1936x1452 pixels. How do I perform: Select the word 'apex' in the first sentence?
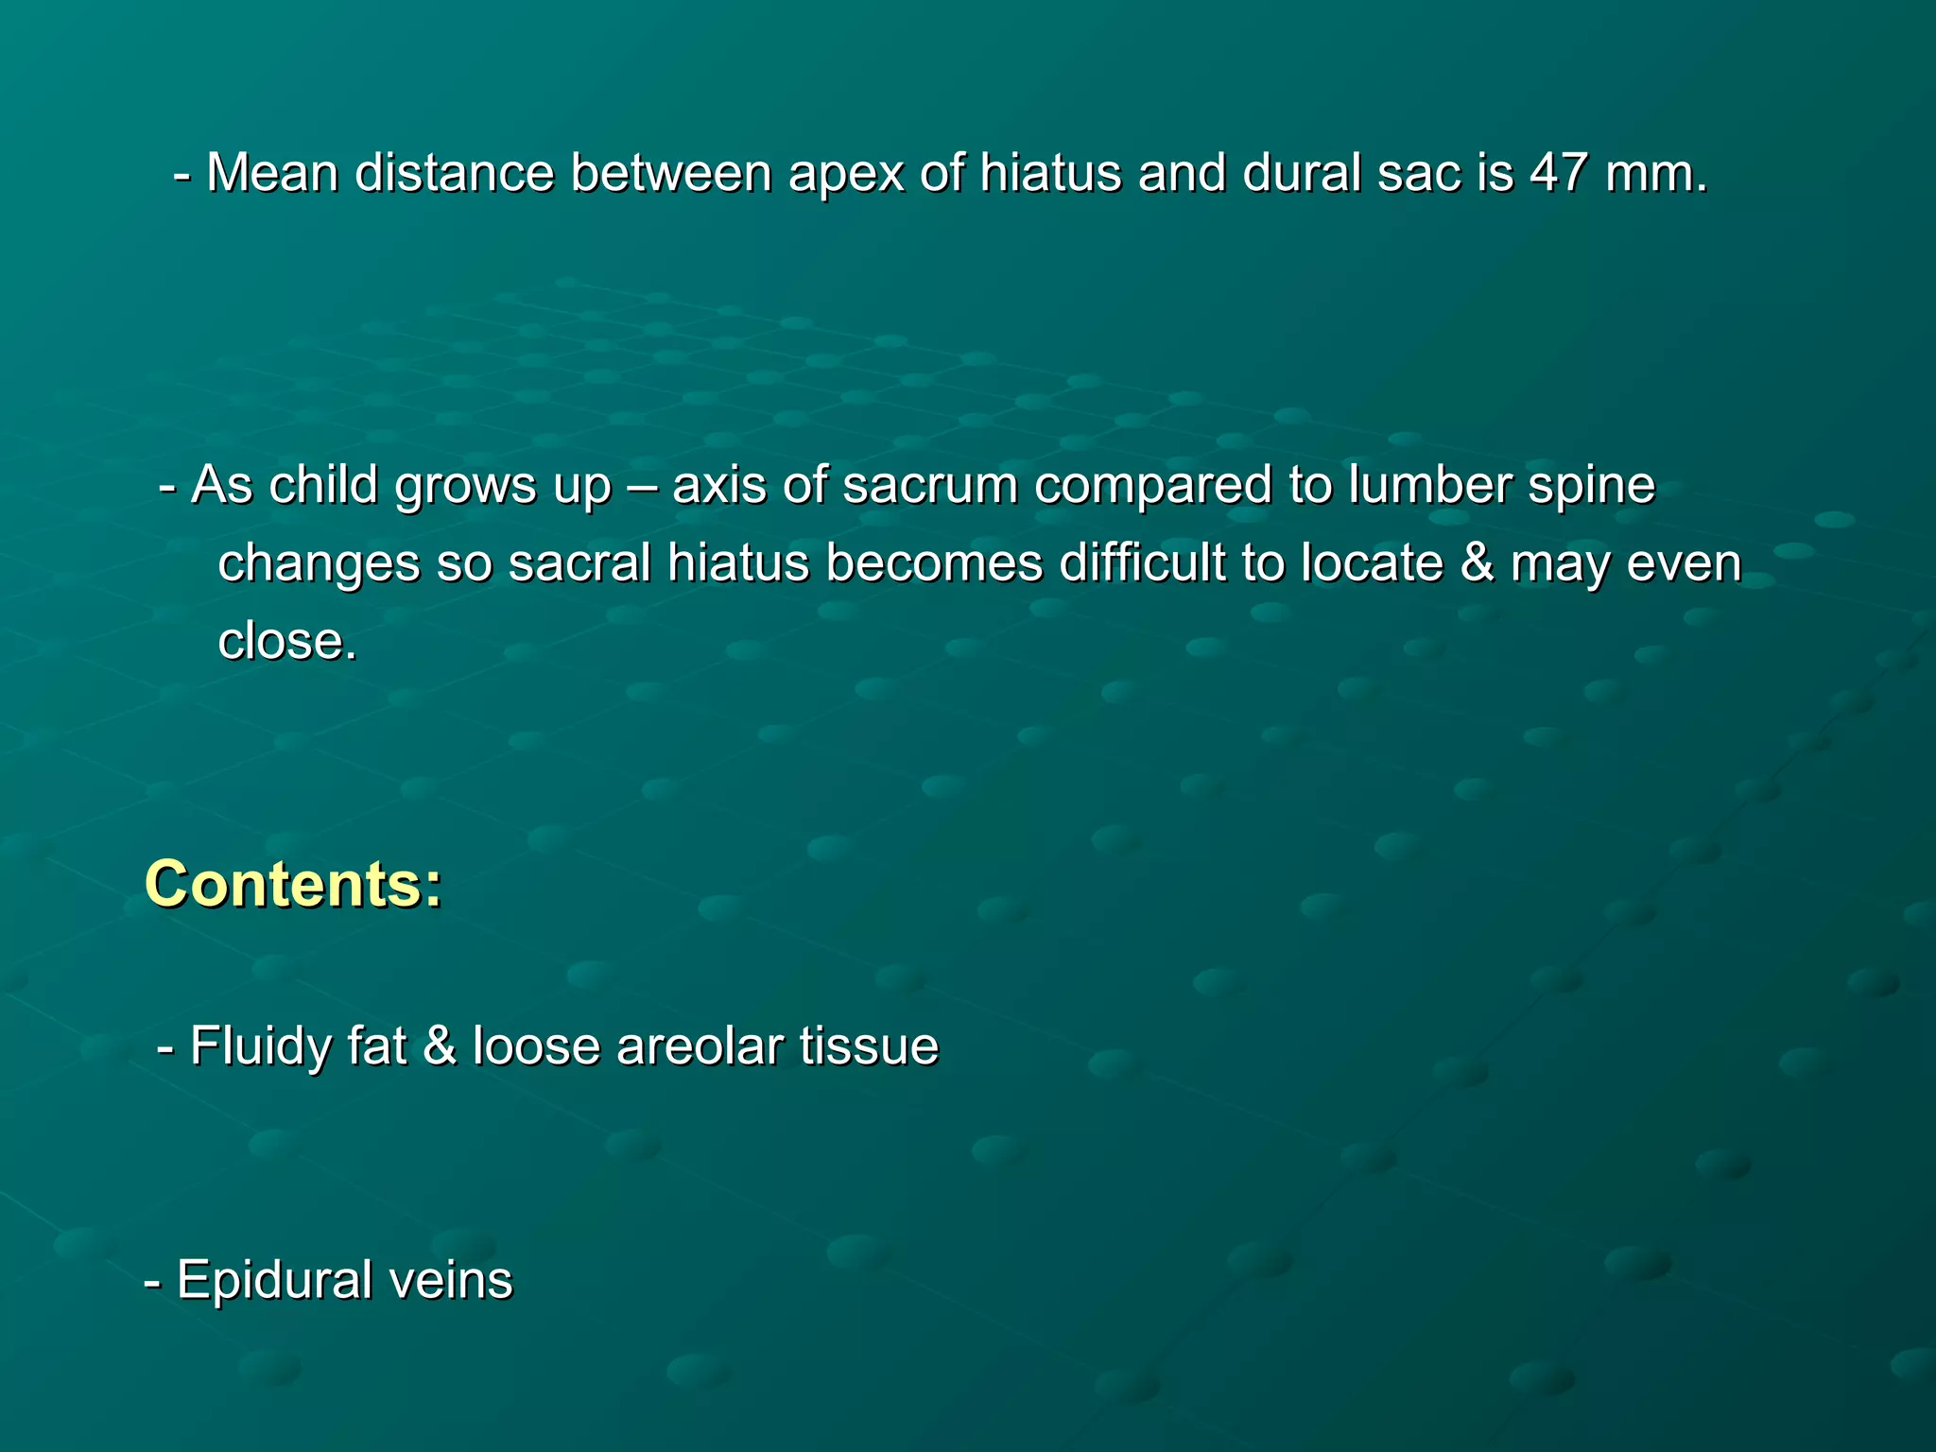[x=845, y=175]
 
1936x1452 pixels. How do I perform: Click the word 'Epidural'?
[x=274, y=1281]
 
